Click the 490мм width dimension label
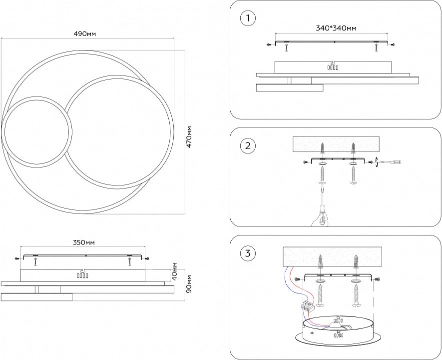(84, 33)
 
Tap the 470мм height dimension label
(188, 133)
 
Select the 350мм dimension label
(84, 242)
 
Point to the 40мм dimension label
(174, 271)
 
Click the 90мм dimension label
(188, 284)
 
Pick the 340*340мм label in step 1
(336, 28)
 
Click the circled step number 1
(248, 19)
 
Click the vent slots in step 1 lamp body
(333, 66)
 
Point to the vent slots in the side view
(82, 274)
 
